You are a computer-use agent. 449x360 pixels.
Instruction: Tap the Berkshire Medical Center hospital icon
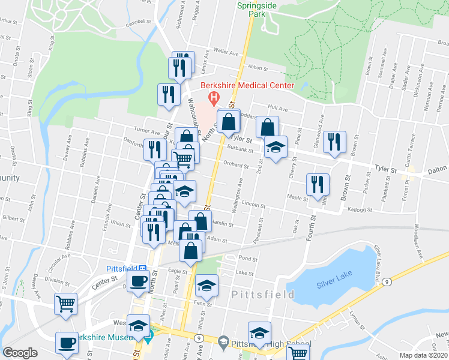[212, 97]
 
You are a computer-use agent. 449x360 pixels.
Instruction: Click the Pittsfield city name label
[263, 295]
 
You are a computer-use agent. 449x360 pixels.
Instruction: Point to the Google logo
[20, 353]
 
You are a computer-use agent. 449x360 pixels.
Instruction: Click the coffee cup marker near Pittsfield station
[137, 281]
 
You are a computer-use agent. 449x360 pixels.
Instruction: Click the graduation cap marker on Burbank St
[276, 147]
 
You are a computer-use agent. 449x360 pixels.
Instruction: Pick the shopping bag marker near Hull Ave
[267, 127]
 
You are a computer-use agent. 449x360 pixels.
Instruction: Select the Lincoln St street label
[255, 205]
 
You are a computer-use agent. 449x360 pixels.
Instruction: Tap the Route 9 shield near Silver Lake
[388, 281]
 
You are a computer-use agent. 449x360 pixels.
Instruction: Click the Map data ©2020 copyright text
[423, 355]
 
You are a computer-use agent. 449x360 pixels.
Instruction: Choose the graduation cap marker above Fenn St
[206, 286]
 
